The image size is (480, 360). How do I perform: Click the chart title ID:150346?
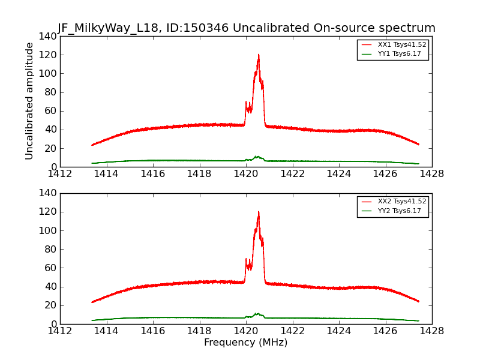(246, 28)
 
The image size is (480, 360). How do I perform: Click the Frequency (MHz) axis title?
(246, 343)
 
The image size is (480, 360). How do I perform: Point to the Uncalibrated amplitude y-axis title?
(30, 101)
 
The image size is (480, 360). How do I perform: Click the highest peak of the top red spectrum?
(259, 55)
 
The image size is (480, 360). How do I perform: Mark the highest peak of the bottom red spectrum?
(259, 212)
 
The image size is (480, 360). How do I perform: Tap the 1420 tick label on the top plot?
(246, 174)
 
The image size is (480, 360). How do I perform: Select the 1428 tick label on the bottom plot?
(431, 331)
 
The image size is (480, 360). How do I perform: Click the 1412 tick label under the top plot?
(60, 174)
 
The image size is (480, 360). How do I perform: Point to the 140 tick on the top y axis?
(48, 37)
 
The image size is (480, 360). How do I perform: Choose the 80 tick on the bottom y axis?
(50, 249)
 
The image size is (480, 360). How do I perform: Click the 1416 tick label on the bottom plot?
(153, 331)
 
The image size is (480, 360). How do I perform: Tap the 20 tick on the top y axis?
(50, 148)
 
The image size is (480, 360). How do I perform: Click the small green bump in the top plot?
(257, 157)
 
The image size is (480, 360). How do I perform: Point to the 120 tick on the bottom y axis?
(48, 212)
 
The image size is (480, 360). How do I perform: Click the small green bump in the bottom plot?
(257, 314)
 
